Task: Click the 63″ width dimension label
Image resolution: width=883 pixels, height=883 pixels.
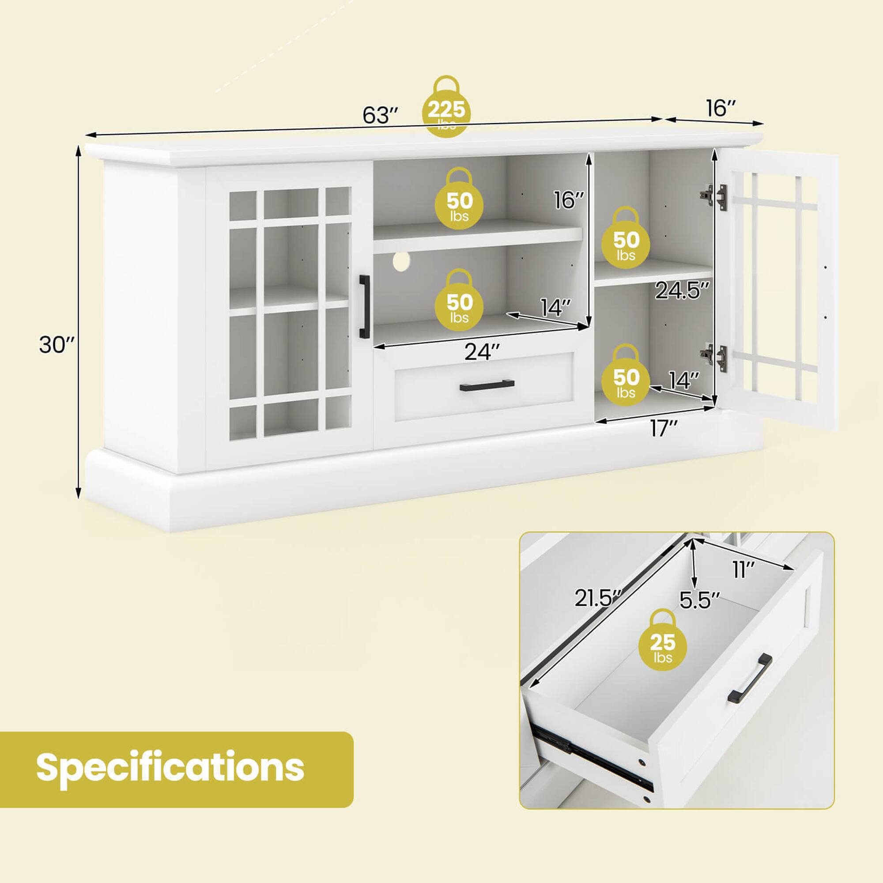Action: tap(381, 116)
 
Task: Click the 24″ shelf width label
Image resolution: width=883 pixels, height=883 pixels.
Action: tap(482, 351)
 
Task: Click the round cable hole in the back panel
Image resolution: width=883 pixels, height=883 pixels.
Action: tap(401, 260)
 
